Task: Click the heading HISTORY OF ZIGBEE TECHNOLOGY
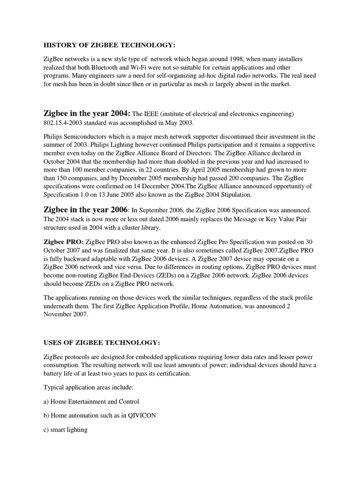(109, 45)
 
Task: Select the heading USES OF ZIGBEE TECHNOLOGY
(103, 343)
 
